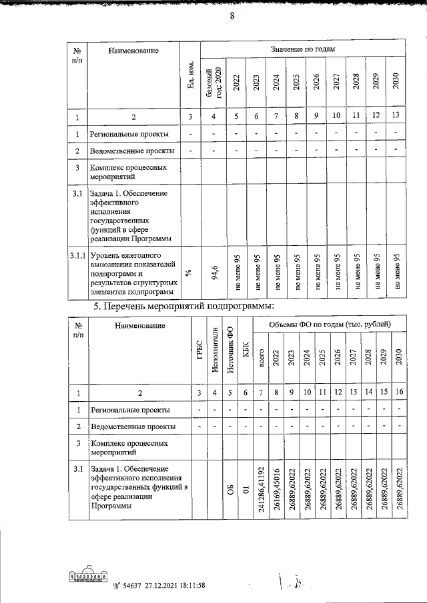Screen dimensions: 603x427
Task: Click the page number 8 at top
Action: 232,18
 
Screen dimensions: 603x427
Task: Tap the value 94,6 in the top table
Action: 215,273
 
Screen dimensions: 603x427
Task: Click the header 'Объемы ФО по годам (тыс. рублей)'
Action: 329,324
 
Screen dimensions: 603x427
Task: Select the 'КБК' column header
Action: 246,352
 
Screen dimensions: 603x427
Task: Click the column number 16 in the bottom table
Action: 398,392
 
